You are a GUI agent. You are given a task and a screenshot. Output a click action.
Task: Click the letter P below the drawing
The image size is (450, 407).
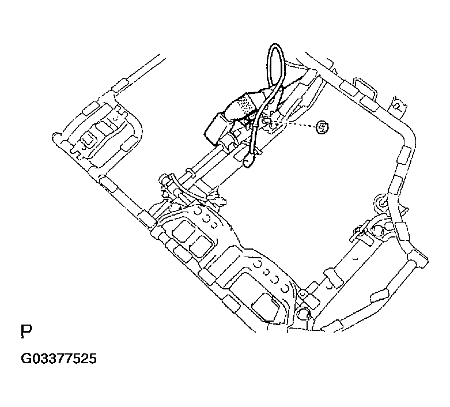[27, 331]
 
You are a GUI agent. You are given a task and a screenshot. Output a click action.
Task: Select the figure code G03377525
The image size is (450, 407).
[59, 359]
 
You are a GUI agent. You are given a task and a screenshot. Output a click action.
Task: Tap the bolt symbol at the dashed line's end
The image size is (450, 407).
[322, 127]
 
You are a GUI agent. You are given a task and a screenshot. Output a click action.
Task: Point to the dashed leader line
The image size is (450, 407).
[296, 124]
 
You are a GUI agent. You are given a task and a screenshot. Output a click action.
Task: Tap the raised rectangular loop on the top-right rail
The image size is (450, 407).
[365, 88]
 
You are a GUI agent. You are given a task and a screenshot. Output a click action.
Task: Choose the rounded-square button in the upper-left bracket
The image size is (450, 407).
[89, 140]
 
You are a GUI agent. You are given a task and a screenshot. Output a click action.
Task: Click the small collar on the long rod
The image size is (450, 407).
[188, 172]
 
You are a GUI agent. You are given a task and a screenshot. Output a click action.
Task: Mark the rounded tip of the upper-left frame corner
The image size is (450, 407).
[55, 137]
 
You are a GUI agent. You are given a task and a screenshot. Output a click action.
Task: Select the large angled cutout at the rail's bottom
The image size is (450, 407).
[266, 307]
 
